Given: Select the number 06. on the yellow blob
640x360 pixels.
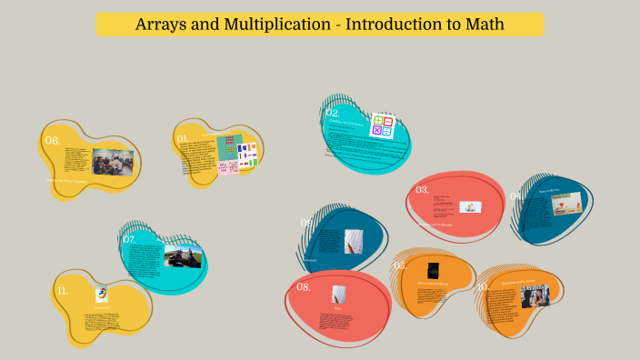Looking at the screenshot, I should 53,141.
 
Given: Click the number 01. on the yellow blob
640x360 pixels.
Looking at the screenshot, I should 182,139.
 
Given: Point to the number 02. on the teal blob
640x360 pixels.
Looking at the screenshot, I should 333,115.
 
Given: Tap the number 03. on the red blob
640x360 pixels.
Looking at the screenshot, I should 423,190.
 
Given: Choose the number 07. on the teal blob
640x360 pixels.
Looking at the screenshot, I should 129,240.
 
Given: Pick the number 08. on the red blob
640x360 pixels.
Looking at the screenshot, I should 304,287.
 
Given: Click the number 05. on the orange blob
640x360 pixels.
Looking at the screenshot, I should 400,265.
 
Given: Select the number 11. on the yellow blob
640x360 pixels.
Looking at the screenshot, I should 63,291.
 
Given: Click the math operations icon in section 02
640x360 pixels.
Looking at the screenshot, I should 382,125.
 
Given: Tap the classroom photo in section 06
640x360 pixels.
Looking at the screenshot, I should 113,162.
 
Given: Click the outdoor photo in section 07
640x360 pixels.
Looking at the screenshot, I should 183,255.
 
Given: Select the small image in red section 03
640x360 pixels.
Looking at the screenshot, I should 470,207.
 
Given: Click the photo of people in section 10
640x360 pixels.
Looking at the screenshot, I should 535,296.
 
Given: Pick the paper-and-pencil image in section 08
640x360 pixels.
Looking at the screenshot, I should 339,294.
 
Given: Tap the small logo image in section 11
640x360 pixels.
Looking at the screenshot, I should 102,294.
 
